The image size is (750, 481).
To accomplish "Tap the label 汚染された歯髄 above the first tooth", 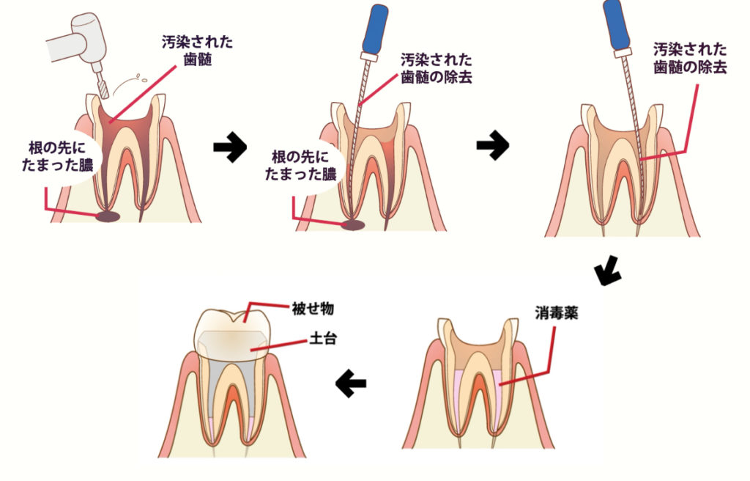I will [x=197, y=52].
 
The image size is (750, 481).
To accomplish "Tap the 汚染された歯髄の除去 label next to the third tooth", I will [x=691, y=59].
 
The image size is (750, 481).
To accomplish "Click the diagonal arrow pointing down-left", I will [x=608, y=273].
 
